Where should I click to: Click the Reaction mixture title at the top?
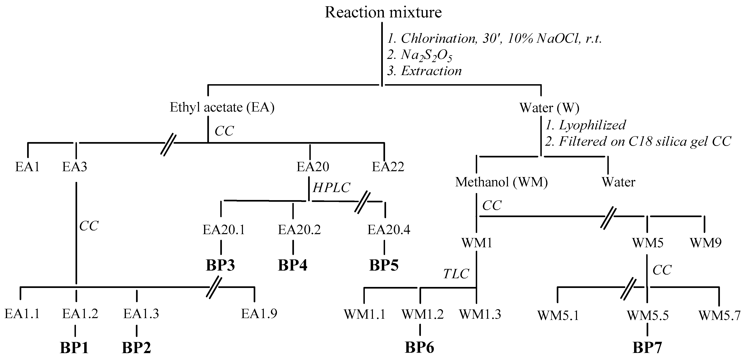[383, 12]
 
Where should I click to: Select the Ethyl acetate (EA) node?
[222, 107]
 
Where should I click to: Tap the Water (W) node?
[549, 108]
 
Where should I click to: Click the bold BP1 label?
[74, 348]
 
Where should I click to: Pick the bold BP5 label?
[384, 265]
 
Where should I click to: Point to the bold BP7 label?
[647, 348]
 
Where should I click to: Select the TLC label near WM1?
[456, 274]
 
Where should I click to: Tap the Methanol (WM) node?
[501, 182]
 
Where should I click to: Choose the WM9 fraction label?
[706, 243]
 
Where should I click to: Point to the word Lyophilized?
[592, 125]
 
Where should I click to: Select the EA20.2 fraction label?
[299, 230]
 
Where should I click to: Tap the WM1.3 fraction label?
[480, 314]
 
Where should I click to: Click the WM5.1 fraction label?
[558, 315]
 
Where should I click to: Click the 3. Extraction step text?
[424, 71]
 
